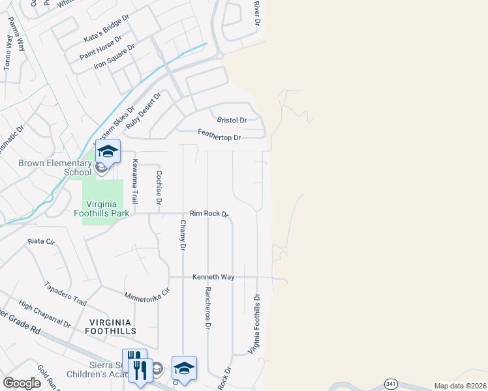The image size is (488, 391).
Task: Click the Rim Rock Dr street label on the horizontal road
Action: point(209,214)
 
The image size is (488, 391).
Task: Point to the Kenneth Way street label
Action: point(213,277)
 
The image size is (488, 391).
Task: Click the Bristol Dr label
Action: point(232,121)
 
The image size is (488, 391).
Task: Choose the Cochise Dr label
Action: point(159,186)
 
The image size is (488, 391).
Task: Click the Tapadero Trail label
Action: point(65,293)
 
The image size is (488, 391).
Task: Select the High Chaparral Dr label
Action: point(44,315)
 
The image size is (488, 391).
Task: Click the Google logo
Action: point(22,383)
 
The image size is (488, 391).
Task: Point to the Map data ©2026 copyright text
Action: point(460,386)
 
